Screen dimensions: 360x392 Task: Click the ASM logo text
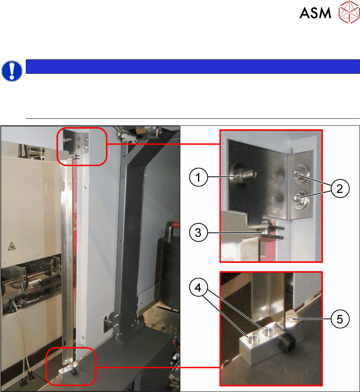(315, 13)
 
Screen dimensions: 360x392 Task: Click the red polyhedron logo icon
(349, 12)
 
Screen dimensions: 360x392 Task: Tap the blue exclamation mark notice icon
(12, 71)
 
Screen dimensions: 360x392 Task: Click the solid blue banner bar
(193, 66)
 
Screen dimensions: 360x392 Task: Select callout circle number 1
(198, 177)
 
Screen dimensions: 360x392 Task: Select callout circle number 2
(340, 188)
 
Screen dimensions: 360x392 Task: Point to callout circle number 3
(198, 233)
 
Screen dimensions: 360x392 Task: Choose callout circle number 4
(198, 288)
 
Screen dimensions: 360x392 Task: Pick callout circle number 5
(340, 319)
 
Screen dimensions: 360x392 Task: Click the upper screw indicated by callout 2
(301, 172)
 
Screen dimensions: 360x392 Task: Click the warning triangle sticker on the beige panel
(11, 246)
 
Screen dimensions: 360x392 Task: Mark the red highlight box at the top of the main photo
(82, 147)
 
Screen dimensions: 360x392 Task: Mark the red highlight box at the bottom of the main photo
(71, 366)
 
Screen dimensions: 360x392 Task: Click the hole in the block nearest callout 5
(268, 332)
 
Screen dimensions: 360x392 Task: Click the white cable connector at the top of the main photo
(128, 136)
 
